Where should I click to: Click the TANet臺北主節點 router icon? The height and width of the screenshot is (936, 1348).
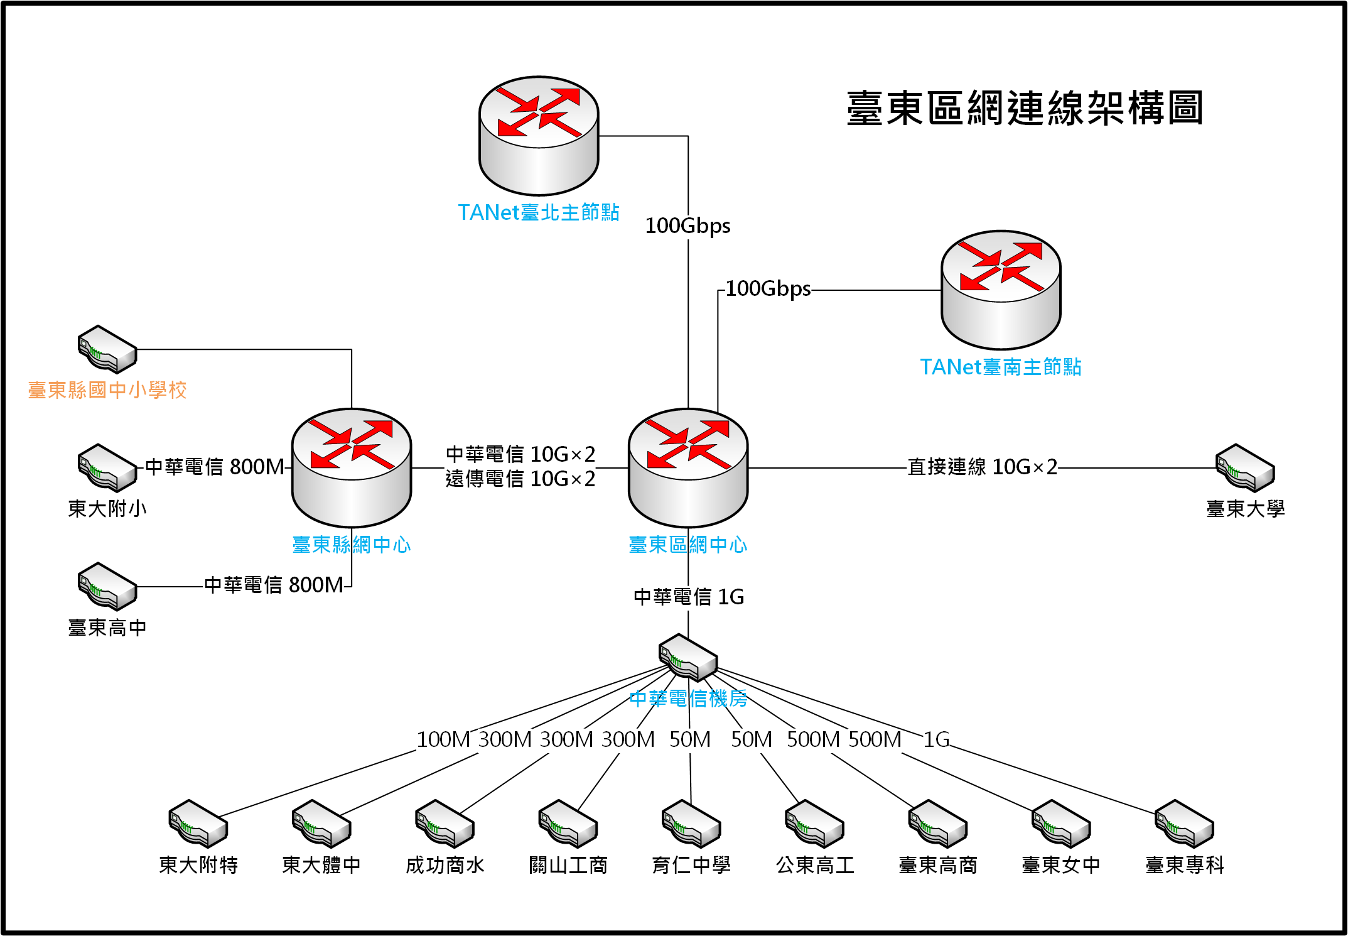pos(539,136)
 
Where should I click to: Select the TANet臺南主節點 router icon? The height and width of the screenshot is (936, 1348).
pos(1001,290)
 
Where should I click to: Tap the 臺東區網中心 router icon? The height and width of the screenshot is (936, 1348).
pos(688,467)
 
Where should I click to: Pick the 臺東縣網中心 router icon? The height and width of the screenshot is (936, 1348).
pos(352,467)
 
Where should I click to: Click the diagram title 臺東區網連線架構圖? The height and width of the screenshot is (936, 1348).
pos(1025,108)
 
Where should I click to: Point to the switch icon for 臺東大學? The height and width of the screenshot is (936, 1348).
pos(1245,468)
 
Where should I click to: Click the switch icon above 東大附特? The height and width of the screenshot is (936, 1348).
pos(198,824)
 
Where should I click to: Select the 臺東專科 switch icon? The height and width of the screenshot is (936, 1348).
pos(1184,824)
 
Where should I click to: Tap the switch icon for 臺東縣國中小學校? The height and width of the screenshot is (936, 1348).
pos(107,349)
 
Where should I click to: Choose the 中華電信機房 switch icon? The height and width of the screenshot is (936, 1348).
pos(688,658)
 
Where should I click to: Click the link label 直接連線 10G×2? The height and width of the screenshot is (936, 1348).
pos(983,467)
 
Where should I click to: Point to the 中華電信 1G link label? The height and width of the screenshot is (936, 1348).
pos(689,597)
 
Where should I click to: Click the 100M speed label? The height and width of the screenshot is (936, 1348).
pos(443,739)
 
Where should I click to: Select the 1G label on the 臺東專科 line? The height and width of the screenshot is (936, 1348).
pos(936,739)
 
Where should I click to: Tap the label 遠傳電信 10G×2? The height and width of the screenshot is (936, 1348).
pos(520,479)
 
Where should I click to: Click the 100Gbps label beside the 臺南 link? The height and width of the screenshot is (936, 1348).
pos(768,289)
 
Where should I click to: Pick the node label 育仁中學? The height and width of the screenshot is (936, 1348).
pos(691,865)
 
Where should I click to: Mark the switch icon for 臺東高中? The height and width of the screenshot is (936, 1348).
pos(107,587)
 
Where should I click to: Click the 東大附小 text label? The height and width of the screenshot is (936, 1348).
pos(107,508)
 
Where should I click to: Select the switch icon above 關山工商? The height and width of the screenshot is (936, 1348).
pos(568,824)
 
